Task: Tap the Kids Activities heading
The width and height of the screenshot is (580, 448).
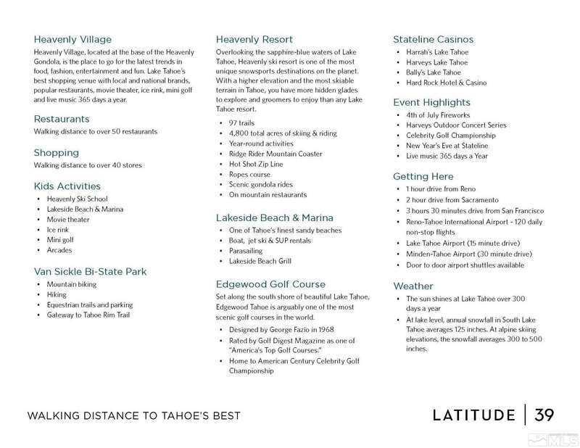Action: tap(67, 186)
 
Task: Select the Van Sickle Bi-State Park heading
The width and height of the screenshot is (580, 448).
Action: tap(90, 272)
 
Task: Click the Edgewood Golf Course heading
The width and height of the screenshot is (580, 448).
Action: tap(270, 284)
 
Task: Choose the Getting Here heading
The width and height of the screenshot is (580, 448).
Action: tap(423, 176)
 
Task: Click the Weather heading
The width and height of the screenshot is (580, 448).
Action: tap(413, 286)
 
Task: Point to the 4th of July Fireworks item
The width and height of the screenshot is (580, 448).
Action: tap(439, 115)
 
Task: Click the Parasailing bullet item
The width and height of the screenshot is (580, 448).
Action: tap(247, 250)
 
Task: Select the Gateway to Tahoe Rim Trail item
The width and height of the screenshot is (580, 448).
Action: tap(88, 316)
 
